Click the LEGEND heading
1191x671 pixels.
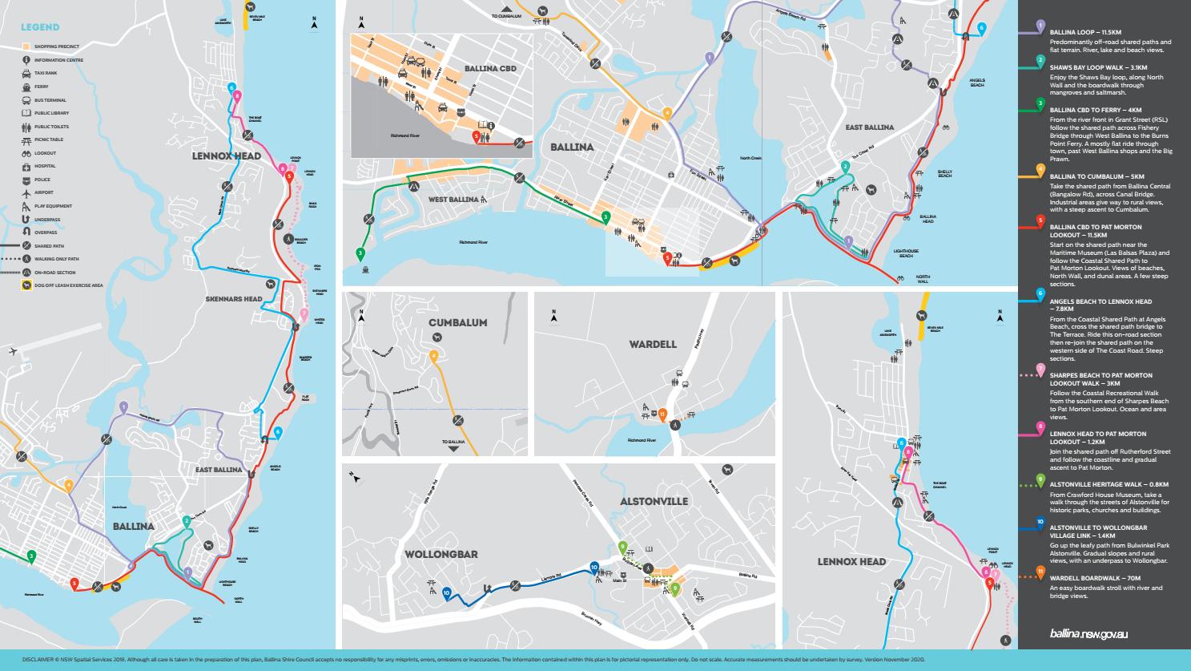[x=39, y=28]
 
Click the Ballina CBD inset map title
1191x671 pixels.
[x=490, y=68]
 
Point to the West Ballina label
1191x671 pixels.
[x=453, y=199]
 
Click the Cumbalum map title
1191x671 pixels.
[x=457, y=322]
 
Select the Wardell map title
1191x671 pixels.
[x=652, y=344]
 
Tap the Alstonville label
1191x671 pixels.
[x=654, y=501]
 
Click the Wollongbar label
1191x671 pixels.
[x=453, y=554]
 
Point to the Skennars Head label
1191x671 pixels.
[x=233, y=299]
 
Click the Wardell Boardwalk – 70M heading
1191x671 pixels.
[x=1095, y=578]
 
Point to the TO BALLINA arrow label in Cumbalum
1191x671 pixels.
[x=453, y=443]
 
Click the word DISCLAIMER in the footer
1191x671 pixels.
[x=39, y=660]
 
